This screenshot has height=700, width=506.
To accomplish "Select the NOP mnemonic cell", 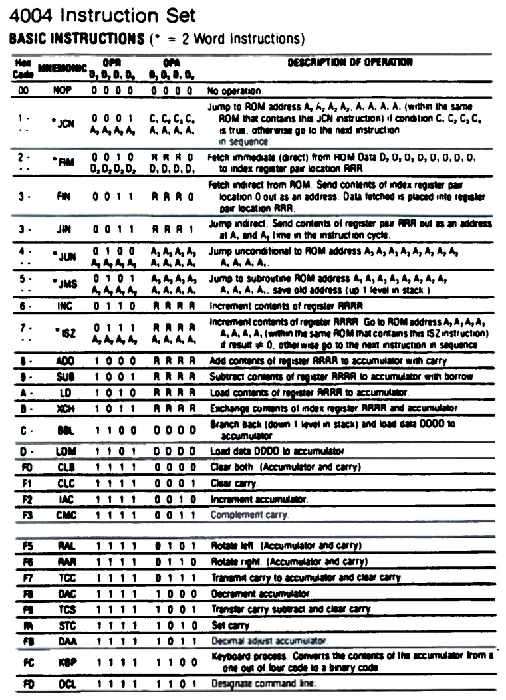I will (62, 90).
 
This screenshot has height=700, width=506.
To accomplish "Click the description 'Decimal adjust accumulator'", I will (266, 641).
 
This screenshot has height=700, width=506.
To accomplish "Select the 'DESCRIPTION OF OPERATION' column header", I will (350, 62).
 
